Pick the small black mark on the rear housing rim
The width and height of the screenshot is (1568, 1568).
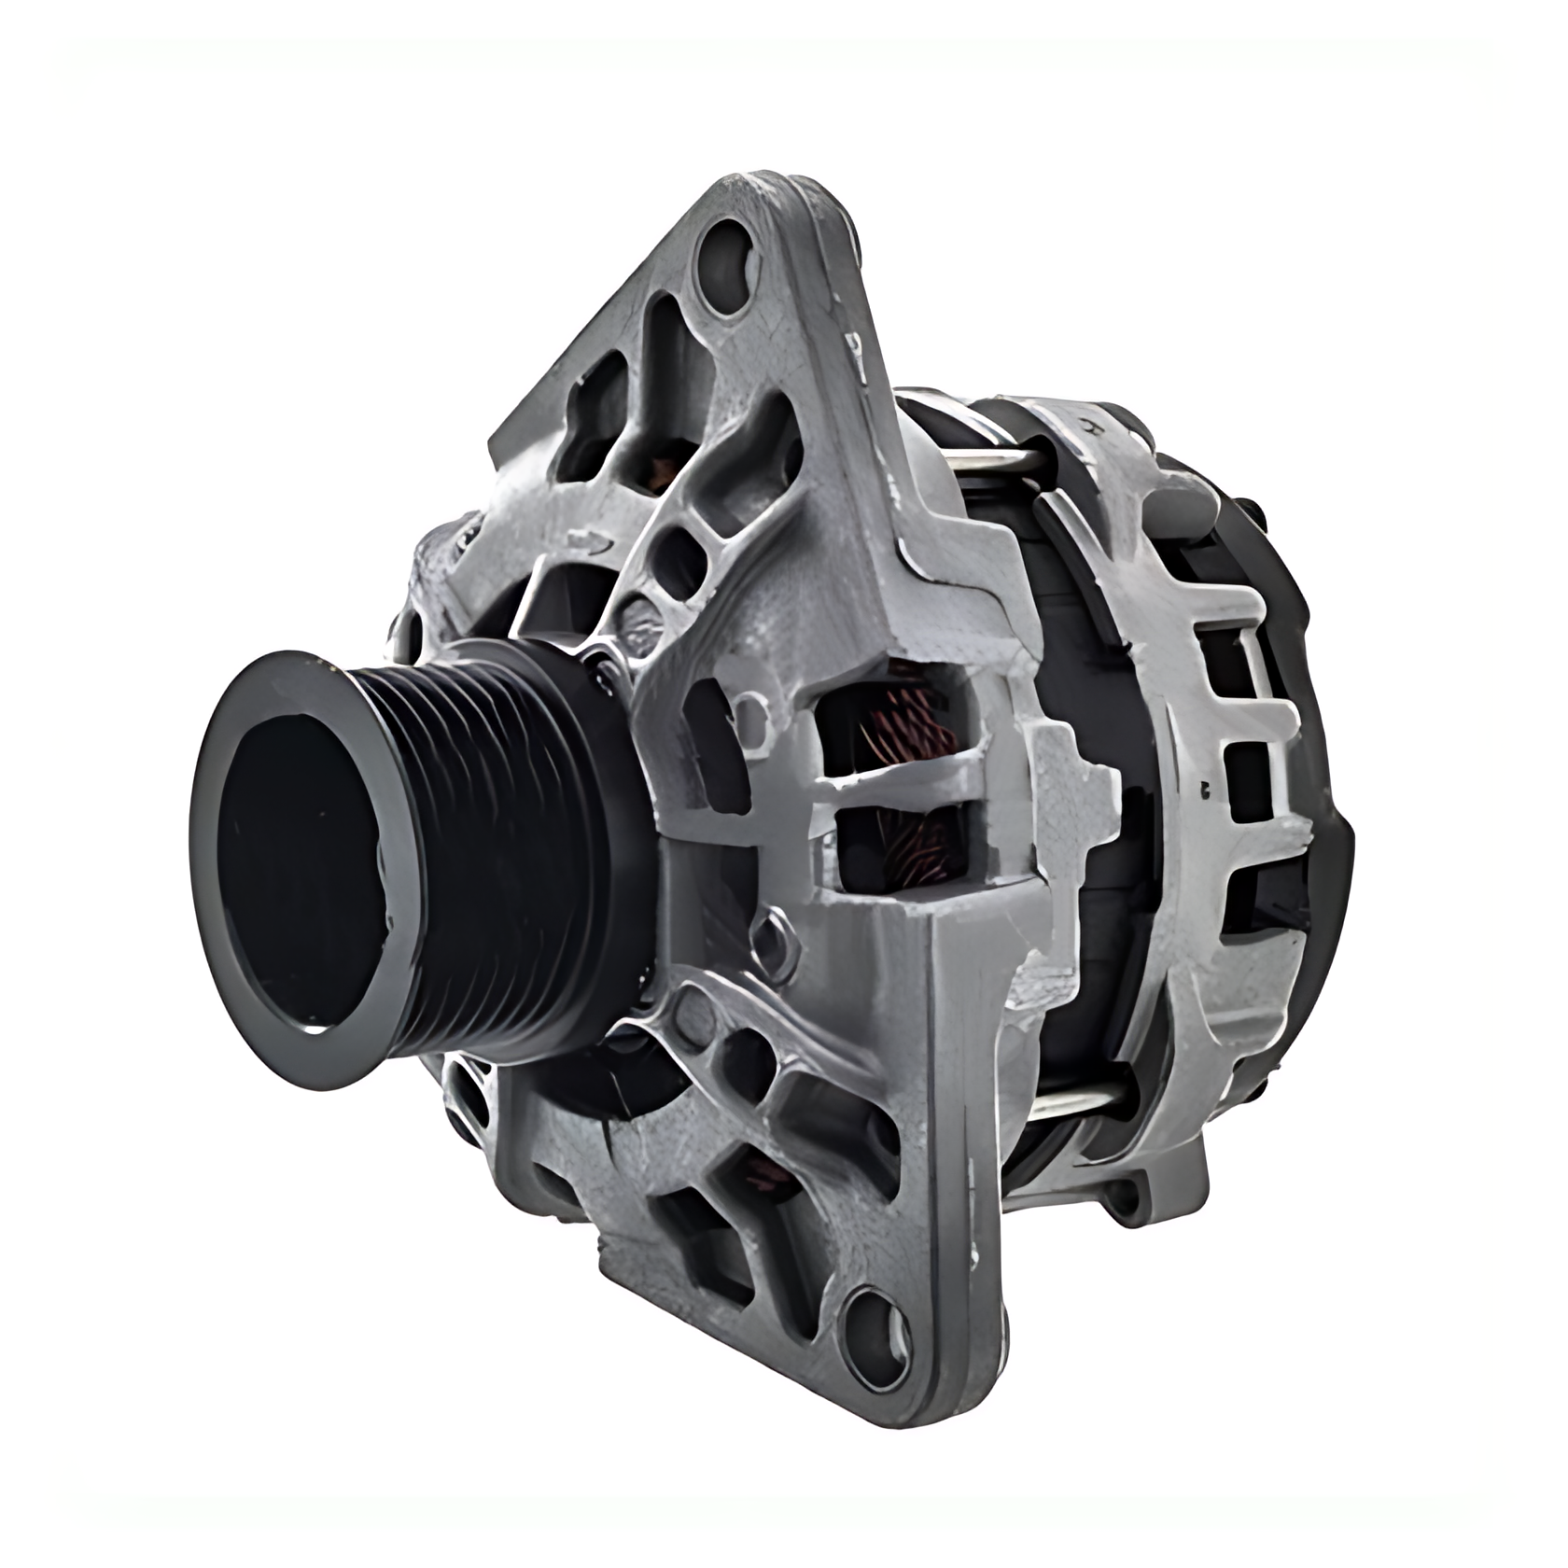pos(1205,788)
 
